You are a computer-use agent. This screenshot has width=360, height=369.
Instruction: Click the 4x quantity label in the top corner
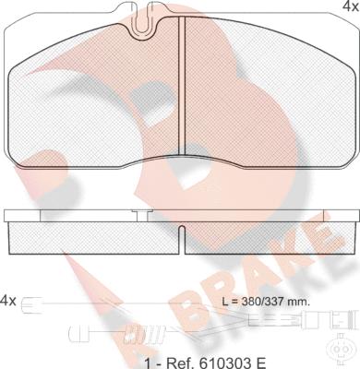click(x=351, y=6)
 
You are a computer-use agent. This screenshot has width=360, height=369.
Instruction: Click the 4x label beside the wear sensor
click(x=8, y=301)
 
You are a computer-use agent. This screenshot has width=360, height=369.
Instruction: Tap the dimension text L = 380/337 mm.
click(x=266, y=302)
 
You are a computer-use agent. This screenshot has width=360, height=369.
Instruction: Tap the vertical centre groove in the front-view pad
click(x=182, y=85)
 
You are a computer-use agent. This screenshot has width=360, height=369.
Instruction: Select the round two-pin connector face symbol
click(x=340, y=350)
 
